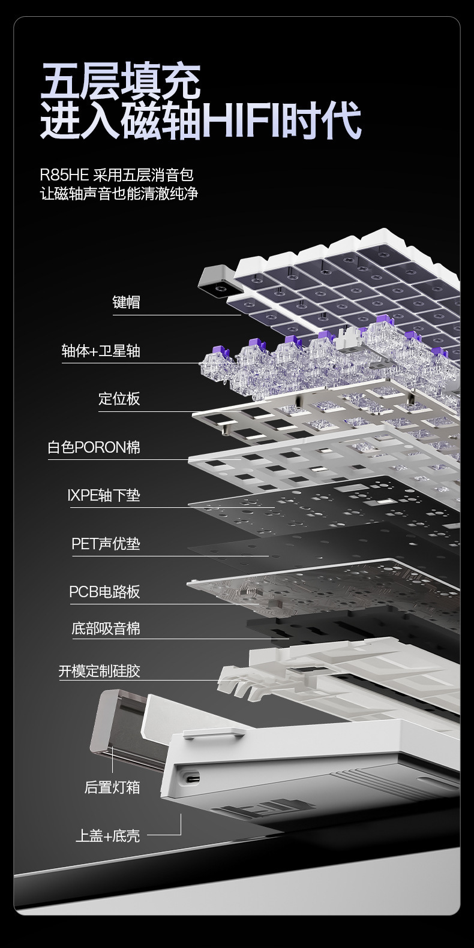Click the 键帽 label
coord(126,302)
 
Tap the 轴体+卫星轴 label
coord(101,351)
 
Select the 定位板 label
coord(119,399)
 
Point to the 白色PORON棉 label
coord(94,447)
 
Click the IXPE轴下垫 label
coord(104,495)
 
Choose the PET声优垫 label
coord(106,544)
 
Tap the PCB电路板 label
coord(104,592)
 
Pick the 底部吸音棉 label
coord(106,628)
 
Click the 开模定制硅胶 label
coord(99,671)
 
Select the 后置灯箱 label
coord(112,788)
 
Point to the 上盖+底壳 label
coord(107,836)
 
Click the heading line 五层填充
coord(121,82)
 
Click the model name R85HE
coord(64,174)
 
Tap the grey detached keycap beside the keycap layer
coord(218,281)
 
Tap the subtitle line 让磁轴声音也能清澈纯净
coord(119,194)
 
